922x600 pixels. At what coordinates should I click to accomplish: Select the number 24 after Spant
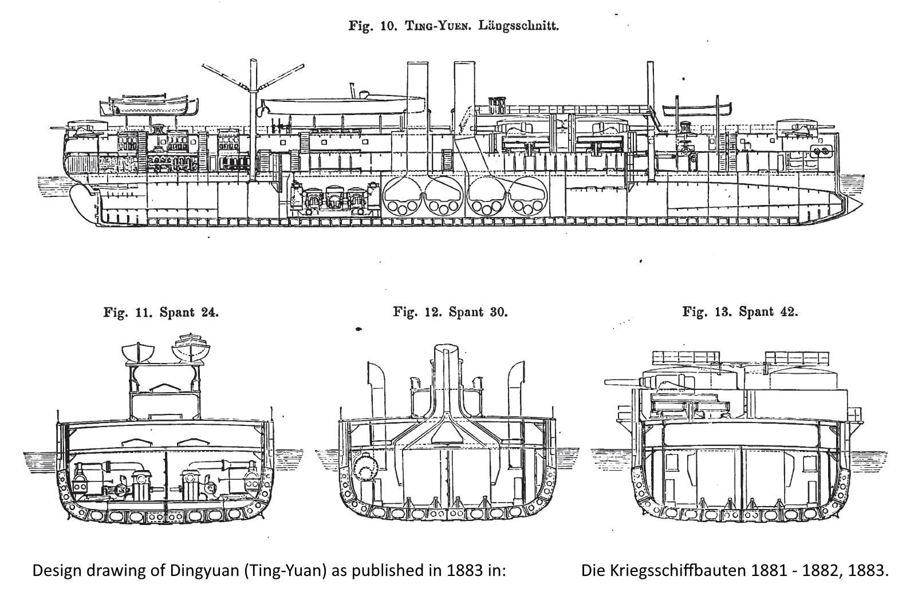click(x=210, y=313)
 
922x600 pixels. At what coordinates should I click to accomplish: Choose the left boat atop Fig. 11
click(x=139, y=352)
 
